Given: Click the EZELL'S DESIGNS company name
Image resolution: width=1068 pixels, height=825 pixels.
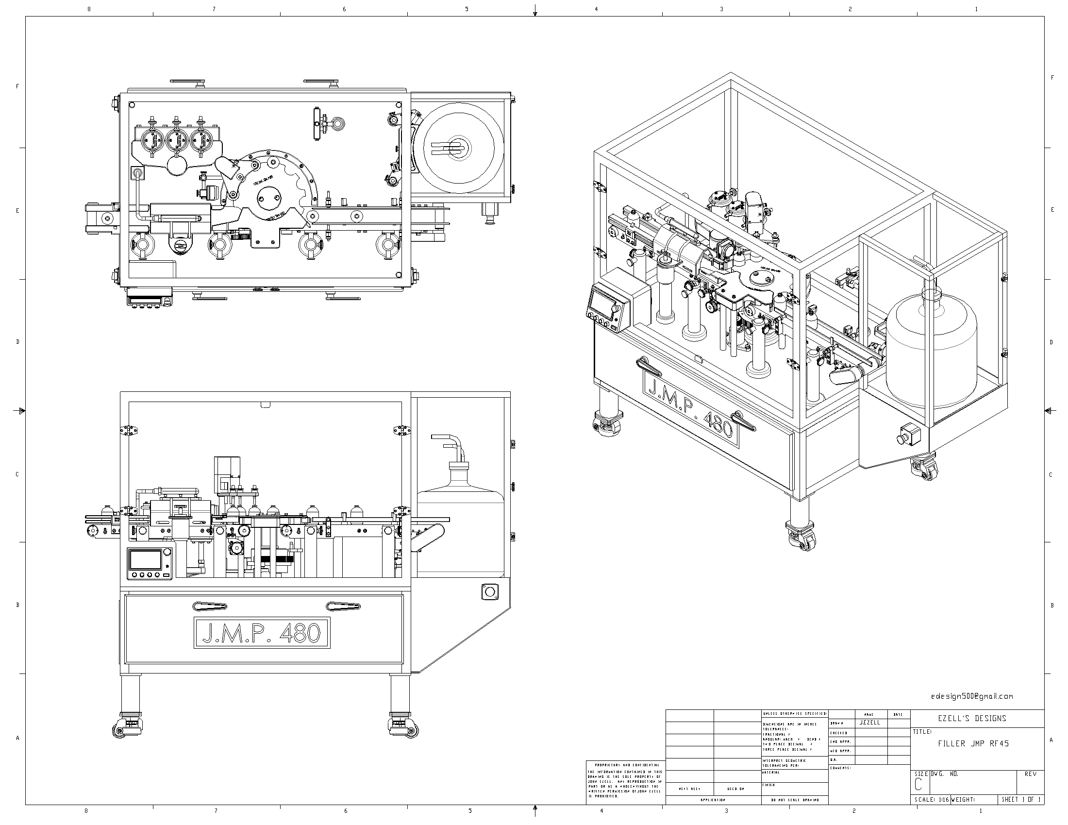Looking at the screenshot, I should pos(976,718).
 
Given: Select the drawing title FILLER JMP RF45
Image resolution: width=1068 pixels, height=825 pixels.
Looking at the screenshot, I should pos(973,744).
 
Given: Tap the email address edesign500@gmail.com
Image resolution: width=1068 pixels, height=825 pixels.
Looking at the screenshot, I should pos(972,696).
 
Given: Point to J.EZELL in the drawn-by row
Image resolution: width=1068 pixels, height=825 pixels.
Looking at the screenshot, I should pos(869,723).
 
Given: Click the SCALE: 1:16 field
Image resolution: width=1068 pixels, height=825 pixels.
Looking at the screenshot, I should pos(931,800).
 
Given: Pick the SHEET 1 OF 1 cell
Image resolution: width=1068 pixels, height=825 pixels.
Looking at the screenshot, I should pos(1021,800).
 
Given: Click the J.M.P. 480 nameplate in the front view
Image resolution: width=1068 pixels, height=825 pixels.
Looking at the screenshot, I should pos(262,633).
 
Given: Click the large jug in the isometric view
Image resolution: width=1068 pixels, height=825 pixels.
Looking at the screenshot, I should pos(931,352).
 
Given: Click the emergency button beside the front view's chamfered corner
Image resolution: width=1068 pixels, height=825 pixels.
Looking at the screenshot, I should pos(488,592).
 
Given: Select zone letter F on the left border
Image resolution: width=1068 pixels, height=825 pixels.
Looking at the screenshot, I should pos(17,86).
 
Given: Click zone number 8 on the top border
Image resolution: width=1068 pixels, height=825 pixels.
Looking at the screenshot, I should pos(88,9).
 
